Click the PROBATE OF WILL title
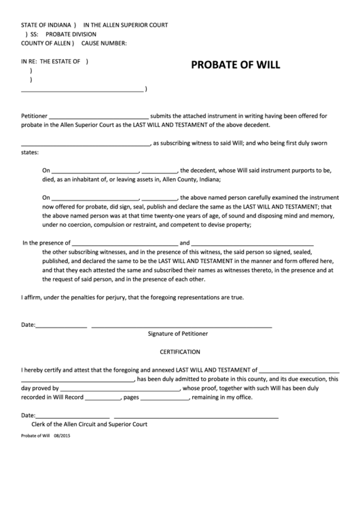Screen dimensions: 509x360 [x=235, y=66]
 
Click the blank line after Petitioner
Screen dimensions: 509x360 [x=98, y=116]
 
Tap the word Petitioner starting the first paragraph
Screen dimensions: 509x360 [x=35, y=116]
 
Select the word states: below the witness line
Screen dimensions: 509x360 [x=31, y=153]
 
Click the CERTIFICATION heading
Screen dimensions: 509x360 [x=180, y=352]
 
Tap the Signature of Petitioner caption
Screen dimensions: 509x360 [x=178, y=334]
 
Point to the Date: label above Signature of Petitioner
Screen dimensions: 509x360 [x=28, y=325]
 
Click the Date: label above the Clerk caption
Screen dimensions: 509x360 [x=28, y=415]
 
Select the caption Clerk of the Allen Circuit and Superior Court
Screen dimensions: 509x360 [x=94, y=424]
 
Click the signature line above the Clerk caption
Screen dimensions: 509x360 [x=196, y=415]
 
